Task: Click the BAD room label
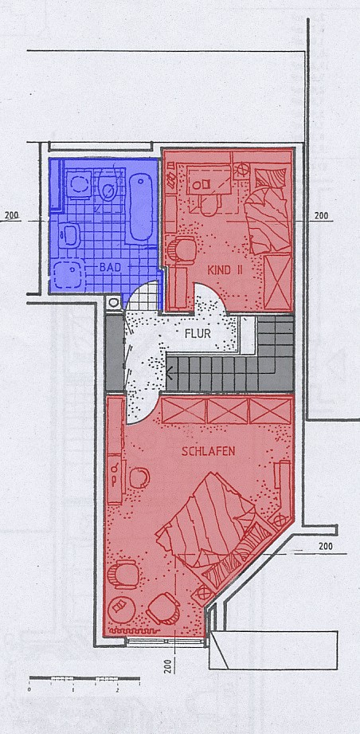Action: click(x=111, y=267)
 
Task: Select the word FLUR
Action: click(x=198, y=334)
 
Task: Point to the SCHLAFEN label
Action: click(x=209, y=452)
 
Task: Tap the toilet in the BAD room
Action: click(x=108, y=186)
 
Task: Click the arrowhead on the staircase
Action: click(x=170, y=374)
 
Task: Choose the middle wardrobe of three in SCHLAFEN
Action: click(x=227, y=411)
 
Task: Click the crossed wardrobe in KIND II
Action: click(x=278, y=282)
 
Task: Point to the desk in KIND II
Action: click(x=209, y=180)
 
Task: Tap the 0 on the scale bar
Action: click(x=29, y=689)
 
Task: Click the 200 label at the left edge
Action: click(x=12, y=216)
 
